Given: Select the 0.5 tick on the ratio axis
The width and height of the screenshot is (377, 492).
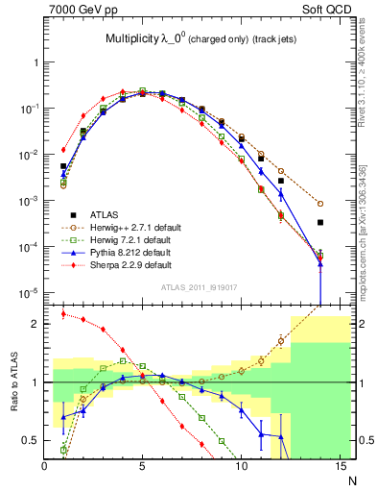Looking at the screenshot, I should point(33,441).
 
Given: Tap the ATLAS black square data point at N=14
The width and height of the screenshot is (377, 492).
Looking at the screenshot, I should point(320,222).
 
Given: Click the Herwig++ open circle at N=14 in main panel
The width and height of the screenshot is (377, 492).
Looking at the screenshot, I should point(320,204).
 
